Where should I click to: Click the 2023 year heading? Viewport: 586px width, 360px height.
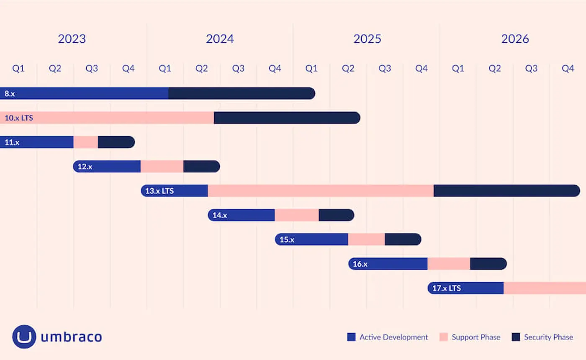coord(72,39)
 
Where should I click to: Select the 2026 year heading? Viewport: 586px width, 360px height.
coord(515,39)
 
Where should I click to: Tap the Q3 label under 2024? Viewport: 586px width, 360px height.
coord(238,69)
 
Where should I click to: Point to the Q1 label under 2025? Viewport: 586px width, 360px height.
coord(311,69)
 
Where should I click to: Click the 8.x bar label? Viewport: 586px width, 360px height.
coord(10,93)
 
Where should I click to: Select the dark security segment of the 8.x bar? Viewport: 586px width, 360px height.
coord(241,93)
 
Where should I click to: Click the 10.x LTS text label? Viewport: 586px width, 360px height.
coord(19,118)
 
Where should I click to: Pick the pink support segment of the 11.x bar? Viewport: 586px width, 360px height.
coord(86,142)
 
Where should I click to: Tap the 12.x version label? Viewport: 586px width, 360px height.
coord(85,166)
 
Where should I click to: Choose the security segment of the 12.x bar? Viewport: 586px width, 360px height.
coord(201,166)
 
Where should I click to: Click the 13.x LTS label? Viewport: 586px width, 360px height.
coord(159,191)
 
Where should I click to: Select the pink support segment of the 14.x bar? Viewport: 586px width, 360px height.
coord(296,215)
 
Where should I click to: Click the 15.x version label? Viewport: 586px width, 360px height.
coord(287,239)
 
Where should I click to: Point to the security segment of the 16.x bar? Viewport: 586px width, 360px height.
coord(488,264)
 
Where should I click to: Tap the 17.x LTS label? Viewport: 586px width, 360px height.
coord(447,288)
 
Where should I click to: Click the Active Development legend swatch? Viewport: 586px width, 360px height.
coord(351,337)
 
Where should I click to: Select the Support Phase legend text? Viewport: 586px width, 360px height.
coord(476,337)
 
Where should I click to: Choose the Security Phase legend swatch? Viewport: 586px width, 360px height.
coord(516,337)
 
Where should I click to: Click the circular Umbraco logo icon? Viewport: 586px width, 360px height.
coord(24,337)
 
